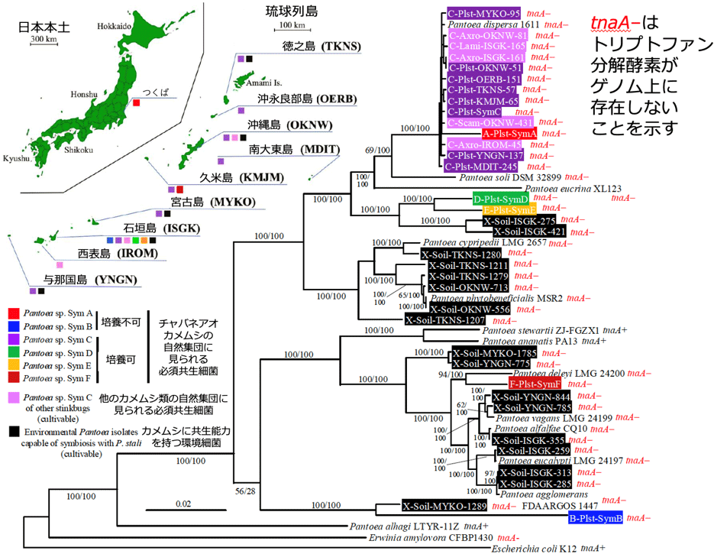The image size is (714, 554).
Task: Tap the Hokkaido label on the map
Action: [113, 26]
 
